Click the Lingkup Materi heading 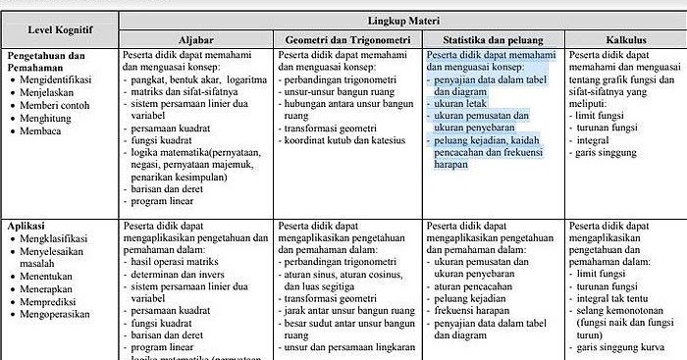(403, 20)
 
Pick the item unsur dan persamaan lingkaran (349, 345)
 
